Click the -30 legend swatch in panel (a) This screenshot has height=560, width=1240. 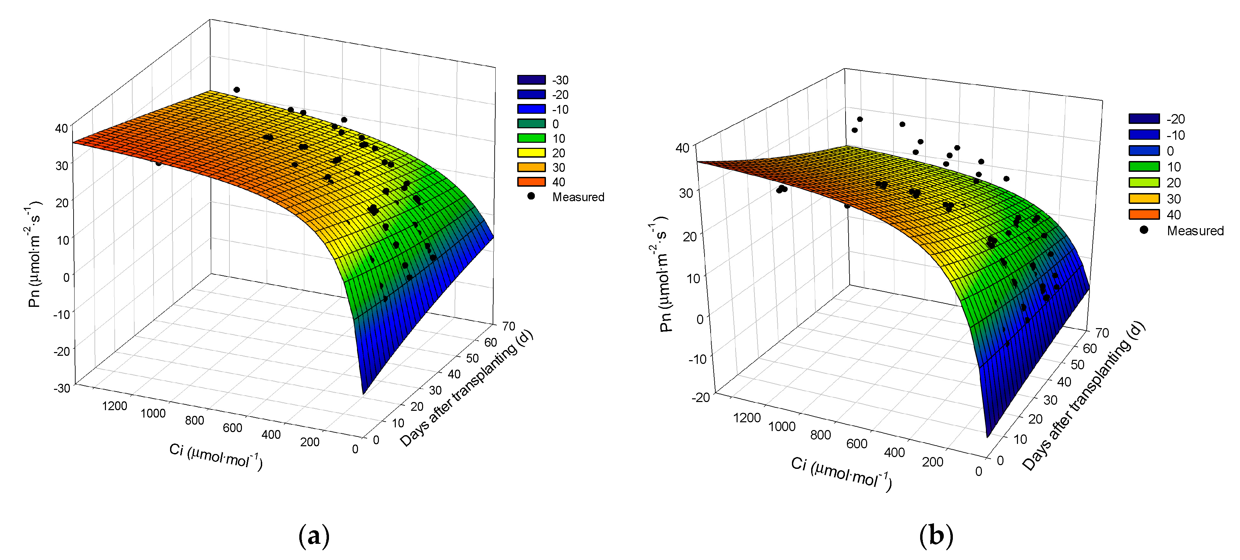click(531, 80)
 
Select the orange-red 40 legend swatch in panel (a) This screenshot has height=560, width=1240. click(531, 182)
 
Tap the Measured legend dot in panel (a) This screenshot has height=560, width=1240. click(531, 196)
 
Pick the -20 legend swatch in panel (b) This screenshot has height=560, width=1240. click(1144, 119)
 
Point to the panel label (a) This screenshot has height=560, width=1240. click(314, 535)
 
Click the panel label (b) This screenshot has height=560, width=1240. click(936, 535)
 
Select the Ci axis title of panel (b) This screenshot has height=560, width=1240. click(841, 474)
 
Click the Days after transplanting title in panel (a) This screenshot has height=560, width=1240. click(466, 389)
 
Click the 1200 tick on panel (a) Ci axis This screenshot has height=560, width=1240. click(115, 406)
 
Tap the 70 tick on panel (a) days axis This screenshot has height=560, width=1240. click(508, 326)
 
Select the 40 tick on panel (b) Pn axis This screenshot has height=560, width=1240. click(683, 148)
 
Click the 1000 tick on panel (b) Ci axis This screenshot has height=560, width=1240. click(781, 427)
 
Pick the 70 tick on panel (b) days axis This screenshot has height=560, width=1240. click(1102, 333)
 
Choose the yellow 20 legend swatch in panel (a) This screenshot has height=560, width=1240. click(531, 153)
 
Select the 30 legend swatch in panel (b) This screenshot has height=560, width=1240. click(1144, 198)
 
